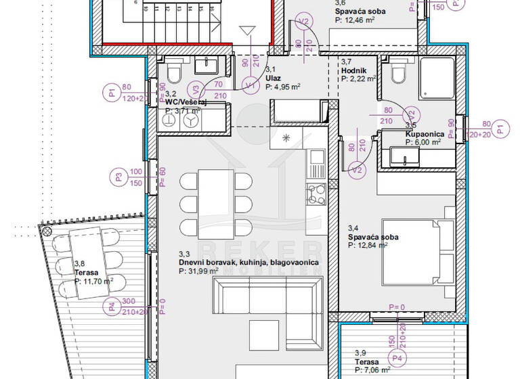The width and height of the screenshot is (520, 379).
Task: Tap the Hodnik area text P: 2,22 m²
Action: pyautogui.click(x=357, y=79)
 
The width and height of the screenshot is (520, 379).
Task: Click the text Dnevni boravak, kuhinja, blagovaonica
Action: pyautogui.click(x=248, y=261)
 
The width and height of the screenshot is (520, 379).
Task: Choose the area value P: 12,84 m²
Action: pyautogui.click(x=368, y=246)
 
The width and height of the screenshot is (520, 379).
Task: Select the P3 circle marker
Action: pyautogui.click(x=118, y=178)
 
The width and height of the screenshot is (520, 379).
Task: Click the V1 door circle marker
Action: pyautogui.click(x=250, y=85)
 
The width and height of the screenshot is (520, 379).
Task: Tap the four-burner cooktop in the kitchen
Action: pyautogui.click(x=316, y=194)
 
